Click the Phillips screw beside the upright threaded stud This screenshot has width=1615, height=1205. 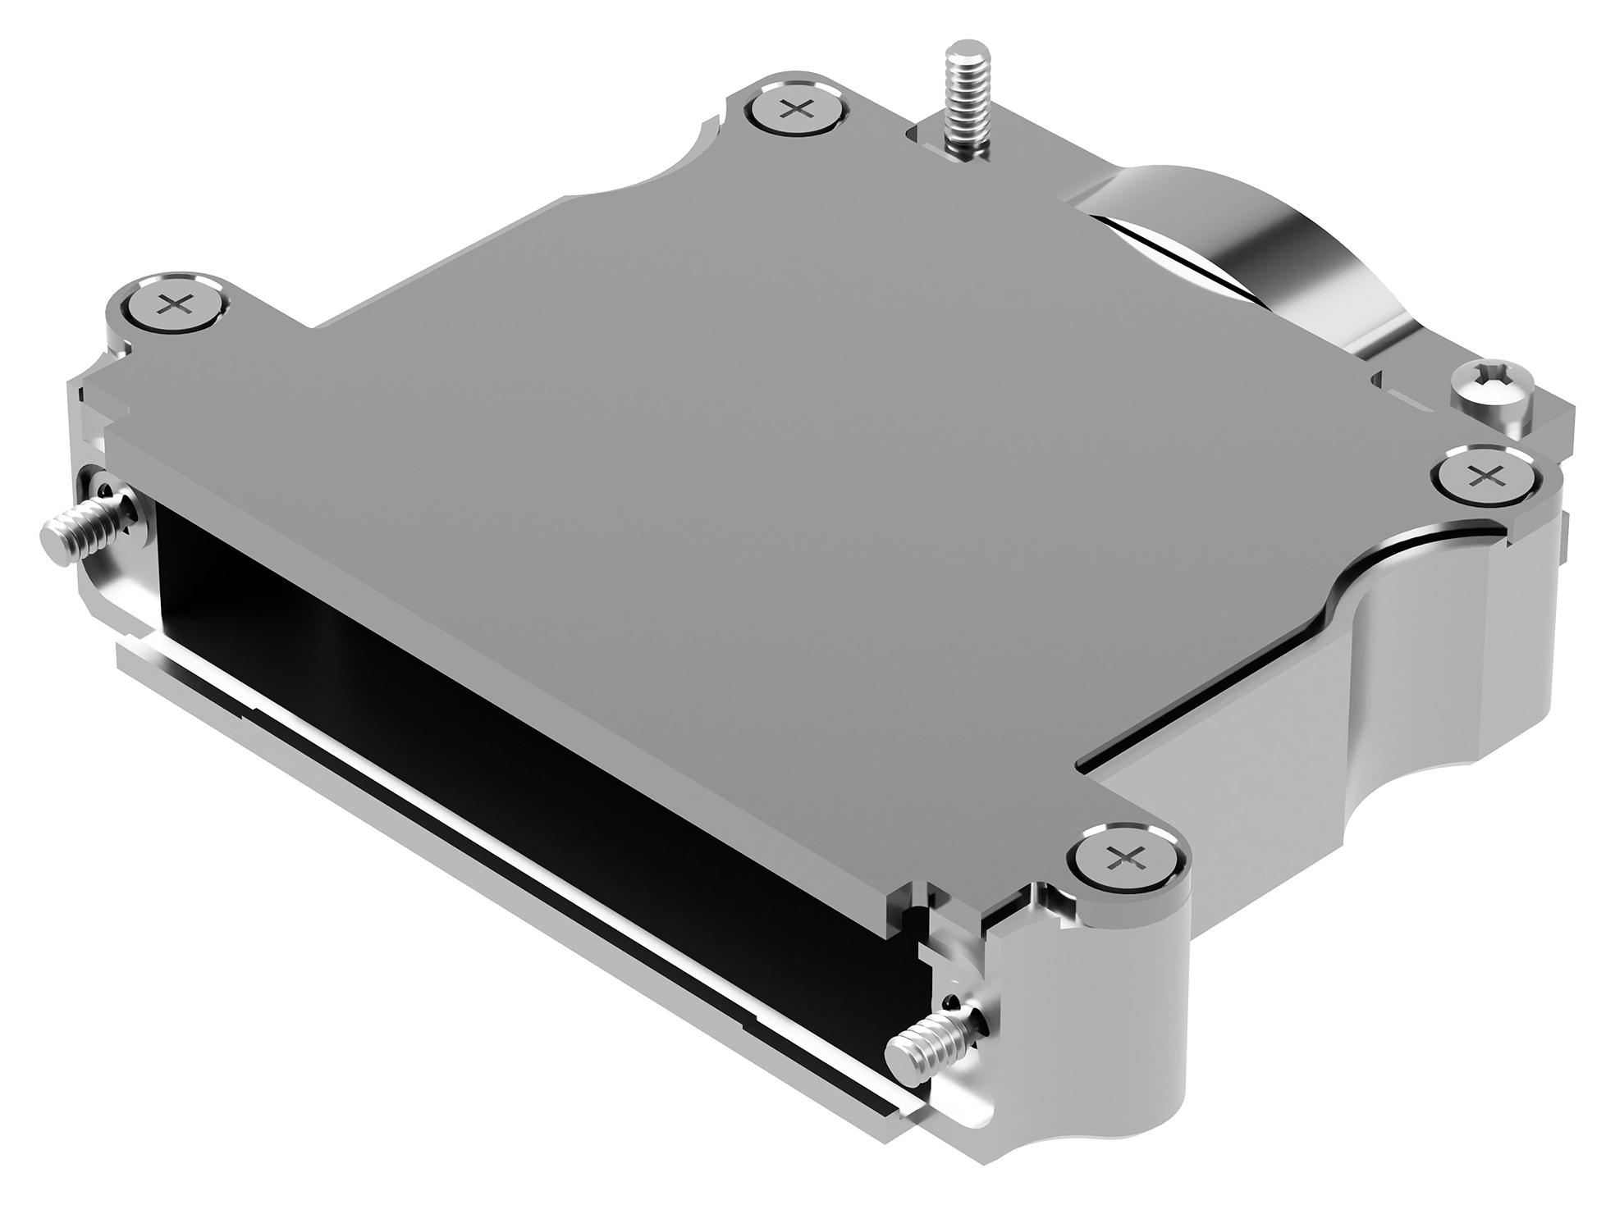(794, 109)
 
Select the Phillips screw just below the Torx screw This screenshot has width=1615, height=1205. (1486, 475)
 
